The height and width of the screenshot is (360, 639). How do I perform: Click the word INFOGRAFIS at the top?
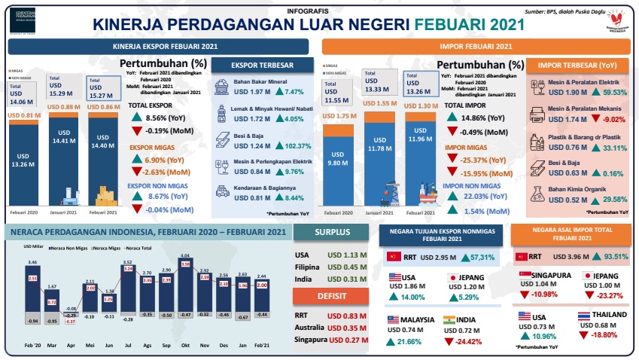point(309,12)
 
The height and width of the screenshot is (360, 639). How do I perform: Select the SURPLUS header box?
point(332,233)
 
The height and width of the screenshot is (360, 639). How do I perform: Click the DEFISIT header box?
point(332,296)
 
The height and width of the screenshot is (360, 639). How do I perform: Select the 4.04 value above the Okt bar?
point(184,257)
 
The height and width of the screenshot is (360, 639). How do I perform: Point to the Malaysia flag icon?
point(394,320)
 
